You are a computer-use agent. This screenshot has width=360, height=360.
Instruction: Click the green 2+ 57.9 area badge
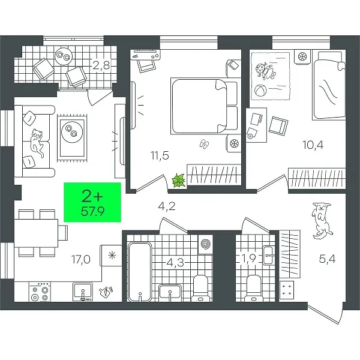tap(92, 202)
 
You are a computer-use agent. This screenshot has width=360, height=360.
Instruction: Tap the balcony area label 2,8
tap(101, 65)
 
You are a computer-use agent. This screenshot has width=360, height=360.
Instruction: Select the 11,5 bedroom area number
tap(160, 155)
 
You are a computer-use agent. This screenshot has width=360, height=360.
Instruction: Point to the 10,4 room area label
tap(313, 145)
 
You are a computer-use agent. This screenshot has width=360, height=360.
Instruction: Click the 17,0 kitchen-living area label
tap(81, 260)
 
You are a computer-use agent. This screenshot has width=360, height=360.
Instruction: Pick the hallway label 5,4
tap(327, 259)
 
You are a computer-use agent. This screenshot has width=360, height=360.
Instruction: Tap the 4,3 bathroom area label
tap(175, 263)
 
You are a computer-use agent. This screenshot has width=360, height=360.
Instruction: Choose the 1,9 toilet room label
tap(248, 259)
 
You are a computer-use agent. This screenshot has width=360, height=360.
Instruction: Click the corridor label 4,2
tap(167, 206)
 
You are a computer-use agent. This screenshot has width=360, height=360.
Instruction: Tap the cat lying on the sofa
tap(37, 143)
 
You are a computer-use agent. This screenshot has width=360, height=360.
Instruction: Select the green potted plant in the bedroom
tap(179, 181)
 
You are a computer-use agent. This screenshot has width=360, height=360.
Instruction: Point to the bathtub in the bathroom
tap(140, 272)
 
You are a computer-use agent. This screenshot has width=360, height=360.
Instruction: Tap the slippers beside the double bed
tap(204, 144)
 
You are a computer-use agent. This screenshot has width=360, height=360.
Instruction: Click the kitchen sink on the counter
tap(83, 292)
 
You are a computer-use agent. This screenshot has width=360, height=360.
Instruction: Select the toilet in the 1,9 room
tap(253, 289)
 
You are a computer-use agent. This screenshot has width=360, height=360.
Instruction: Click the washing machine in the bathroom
tap(205, 244)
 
